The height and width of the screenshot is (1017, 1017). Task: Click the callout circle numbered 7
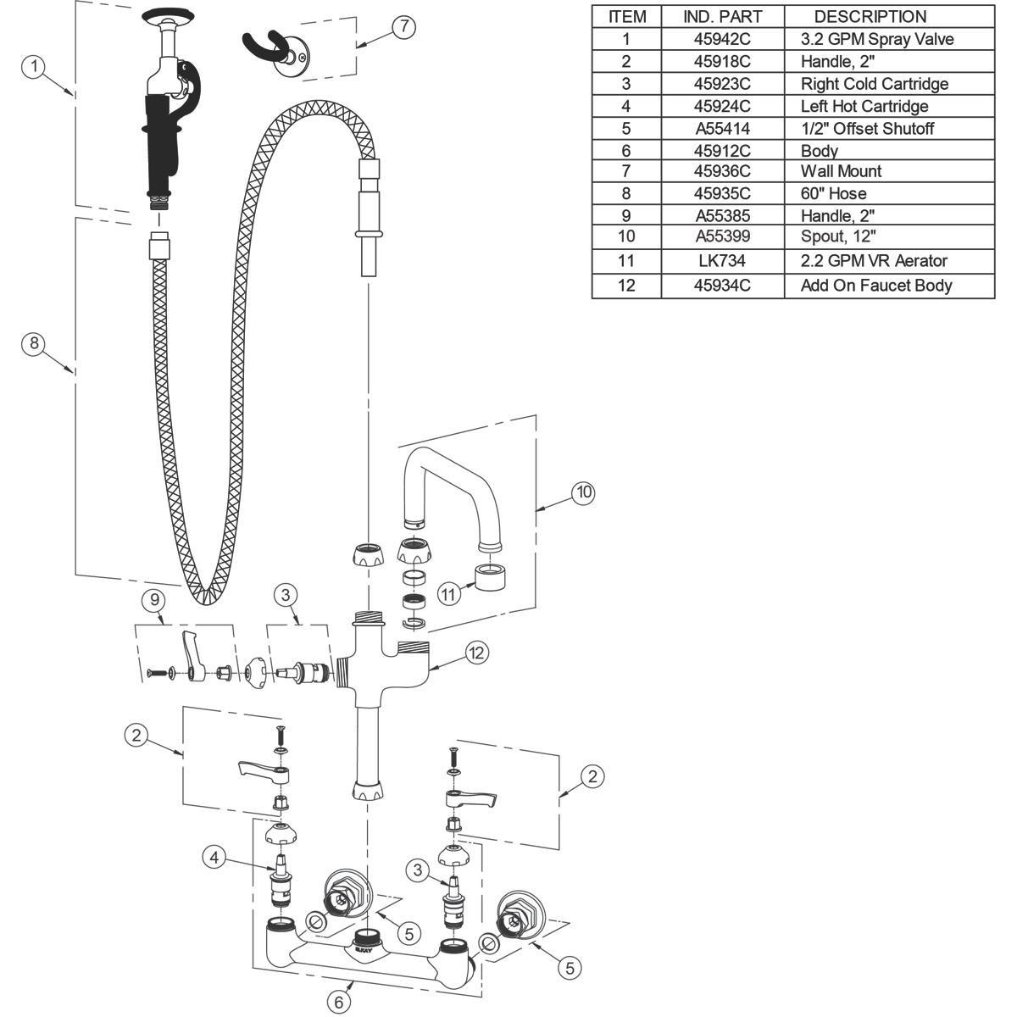point(403,26)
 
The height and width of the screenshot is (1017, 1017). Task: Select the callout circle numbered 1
point(34,66)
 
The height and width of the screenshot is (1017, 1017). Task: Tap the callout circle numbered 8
point(34,343)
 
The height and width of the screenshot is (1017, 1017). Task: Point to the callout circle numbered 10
point(583,492)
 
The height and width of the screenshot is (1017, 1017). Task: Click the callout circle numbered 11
point(448,595)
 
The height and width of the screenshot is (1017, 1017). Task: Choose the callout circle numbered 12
point(476,653)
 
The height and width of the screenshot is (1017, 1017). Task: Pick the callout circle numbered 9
point(154,599)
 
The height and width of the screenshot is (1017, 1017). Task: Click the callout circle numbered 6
point(339,1002)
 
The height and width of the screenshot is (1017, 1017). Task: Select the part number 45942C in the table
point(722,39)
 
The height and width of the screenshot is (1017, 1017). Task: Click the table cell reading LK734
point(723,261)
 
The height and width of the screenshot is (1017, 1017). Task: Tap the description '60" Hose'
point(833,193)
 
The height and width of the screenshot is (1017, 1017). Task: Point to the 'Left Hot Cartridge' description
point(864,106)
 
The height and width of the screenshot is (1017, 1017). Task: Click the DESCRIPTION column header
point(870,16)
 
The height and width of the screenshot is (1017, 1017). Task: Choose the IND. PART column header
point(723,16)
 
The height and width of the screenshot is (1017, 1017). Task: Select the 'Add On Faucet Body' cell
point(876,286)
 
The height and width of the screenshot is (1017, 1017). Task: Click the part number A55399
point(723,236)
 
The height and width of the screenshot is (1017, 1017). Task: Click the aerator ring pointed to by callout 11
point(490,577)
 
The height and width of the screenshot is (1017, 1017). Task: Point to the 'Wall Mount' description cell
point(841,171)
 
